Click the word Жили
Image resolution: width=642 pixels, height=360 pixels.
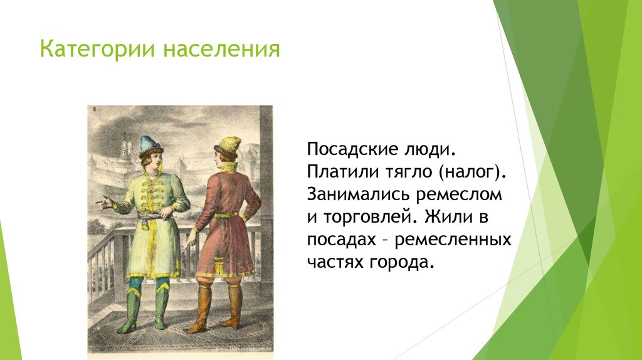(446, 216)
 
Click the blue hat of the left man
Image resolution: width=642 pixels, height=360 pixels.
(150, 144)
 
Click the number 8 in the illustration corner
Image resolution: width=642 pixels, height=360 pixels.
(94, 110)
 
